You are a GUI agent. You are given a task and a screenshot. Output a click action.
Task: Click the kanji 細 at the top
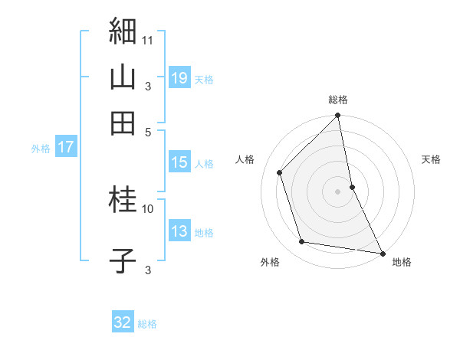123,31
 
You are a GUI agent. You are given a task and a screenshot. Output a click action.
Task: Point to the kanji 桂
123,201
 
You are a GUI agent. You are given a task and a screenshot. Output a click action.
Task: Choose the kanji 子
123,260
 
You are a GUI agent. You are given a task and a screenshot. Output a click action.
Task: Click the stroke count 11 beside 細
148,38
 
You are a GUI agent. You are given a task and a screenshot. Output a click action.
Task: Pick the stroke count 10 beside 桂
148,208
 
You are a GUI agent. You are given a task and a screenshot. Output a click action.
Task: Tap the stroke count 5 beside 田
148,131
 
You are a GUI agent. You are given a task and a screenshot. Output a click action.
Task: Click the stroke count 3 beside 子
148,270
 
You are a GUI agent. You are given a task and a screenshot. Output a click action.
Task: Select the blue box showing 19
179,79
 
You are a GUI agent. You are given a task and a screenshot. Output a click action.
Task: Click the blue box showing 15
179,162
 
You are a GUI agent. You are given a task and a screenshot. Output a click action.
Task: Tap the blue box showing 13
179,232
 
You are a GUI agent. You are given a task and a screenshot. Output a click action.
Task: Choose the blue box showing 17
65,148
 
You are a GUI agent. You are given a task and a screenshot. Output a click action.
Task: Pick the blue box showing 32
123,322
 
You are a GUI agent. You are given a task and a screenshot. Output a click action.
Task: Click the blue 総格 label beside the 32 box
147,324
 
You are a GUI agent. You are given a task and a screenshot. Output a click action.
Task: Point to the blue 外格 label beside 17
40,149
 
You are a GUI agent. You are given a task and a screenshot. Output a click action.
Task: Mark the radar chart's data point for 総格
338,116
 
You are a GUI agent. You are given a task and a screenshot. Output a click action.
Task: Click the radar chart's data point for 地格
382,253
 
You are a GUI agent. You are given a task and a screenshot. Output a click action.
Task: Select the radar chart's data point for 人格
280,172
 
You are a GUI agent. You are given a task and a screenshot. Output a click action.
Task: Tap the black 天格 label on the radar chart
432,159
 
